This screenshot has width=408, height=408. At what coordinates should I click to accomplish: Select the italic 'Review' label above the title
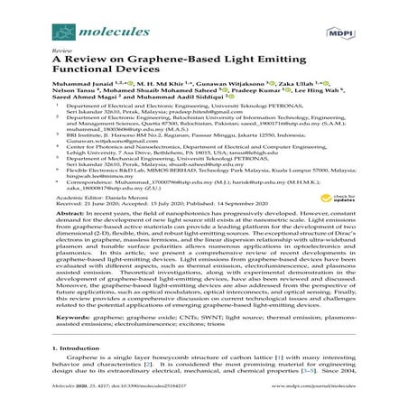pos(62,42)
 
